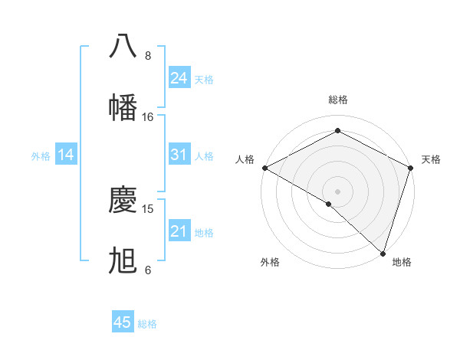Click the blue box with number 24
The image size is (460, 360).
(179, 77)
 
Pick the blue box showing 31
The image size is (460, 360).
(179, 155)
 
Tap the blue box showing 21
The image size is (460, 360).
(179, 231)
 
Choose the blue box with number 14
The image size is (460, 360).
(66, 155)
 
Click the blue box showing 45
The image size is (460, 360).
(123, 322)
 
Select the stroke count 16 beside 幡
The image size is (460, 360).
(148, 116)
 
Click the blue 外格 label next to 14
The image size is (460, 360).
(41, 155)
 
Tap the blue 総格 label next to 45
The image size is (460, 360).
(147, 323)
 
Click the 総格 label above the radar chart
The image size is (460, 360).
(337, 100)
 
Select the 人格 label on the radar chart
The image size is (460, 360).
(245, 159)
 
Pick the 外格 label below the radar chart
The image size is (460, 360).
(270, 262)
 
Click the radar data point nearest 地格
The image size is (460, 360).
(383, 254)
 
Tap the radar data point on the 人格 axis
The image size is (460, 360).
(264, 168)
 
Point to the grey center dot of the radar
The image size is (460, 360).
(337, 191)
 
